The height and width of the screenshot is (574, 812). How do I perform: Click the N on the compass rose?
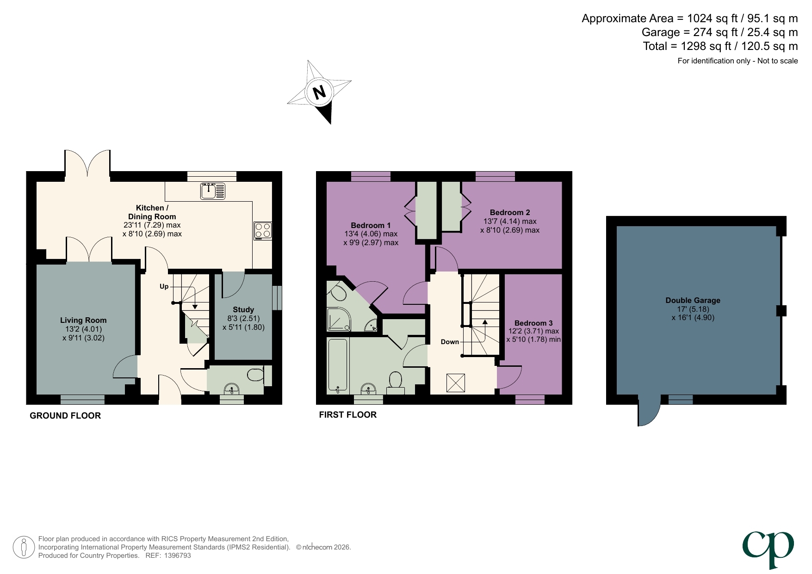(319, 92)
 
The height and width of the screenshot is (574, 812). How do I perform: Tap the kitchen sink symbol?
(213, 191)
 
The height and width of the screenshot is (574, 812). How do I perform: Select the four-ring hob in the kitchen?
(263, 230)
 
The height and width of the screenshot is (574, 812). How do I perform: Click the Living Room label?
(83, 320)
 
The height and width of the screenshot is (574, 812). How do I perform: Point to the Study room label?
(243, 309)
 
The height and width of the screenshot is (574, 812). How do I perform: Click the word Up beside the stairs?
(164, 286)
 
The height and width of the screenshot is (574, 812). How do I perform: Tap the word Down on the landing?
(449, 342)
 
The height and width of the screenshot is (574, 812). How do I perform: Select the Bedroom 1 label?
(371, 225)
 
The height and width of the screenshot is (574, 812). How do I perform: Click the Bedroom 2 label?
(510, 212)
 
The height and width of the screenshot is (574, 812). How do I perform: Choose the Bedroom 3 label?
(533, 323)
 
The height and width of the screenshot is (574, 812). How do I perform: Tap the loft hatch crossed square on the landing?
(455, 383)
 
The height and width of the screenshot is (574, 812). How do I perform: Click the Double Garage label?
(693, 300)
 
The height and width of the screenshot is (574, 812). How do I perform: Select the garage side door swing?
(647, 412)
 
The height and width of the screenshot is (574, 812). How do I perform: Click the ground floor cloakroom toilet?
(254, 374)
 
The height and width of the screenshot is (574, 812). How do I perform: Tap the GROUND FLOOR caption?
(65, 415)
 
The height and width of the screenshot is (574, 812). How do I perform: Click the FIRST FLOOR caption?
(347, 414)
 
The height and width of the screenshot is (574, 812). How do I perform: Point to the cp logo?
(769, 548)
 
